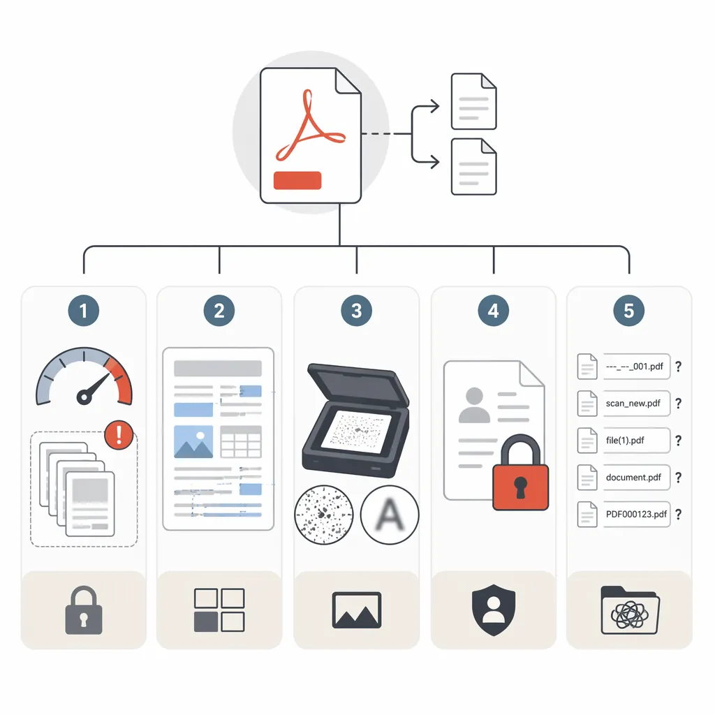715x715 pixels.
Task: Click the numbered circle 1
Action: coord(84,311)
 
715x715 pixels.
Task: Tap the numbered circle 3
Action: coord(357,311)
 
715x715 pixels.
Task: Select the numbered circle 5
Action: coord(629,311)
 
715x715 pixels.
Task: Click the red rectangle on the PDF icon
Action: coord(297,180)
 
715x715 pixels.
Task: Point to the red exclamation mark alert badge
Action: coord(119,435)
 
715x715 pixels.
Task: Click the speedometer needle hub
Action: coord(84,397)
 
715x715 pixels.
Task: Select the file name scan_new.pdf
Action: coord(633,404)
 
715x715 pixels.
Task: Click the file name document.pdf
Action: coord(633,478)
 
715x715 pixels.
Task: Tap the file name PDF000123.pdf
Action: coord(636,515)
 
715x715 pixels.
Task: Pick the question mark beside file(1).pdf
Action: coord(679,441)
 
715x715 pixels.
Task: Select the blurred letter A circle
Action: coord(390,515)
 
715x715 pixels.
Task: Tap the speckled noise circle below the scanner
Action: coord(324,515)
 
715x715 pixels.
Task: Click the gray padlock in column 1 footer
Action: coord(84,610)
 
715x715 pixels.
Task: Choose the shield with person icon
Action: coord(494,610)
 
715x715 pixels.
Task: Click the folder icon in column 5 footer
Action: coord(630,610)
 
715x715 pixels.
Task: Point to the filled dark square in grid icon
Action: coord(206,622)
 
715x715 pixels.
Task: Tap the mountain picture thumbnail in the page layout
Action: coord(193,442)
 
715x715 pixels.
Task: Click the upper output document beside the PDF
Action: coord(474,101)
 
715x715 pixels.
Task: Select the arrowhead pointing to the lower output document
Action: coord(435,161)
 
